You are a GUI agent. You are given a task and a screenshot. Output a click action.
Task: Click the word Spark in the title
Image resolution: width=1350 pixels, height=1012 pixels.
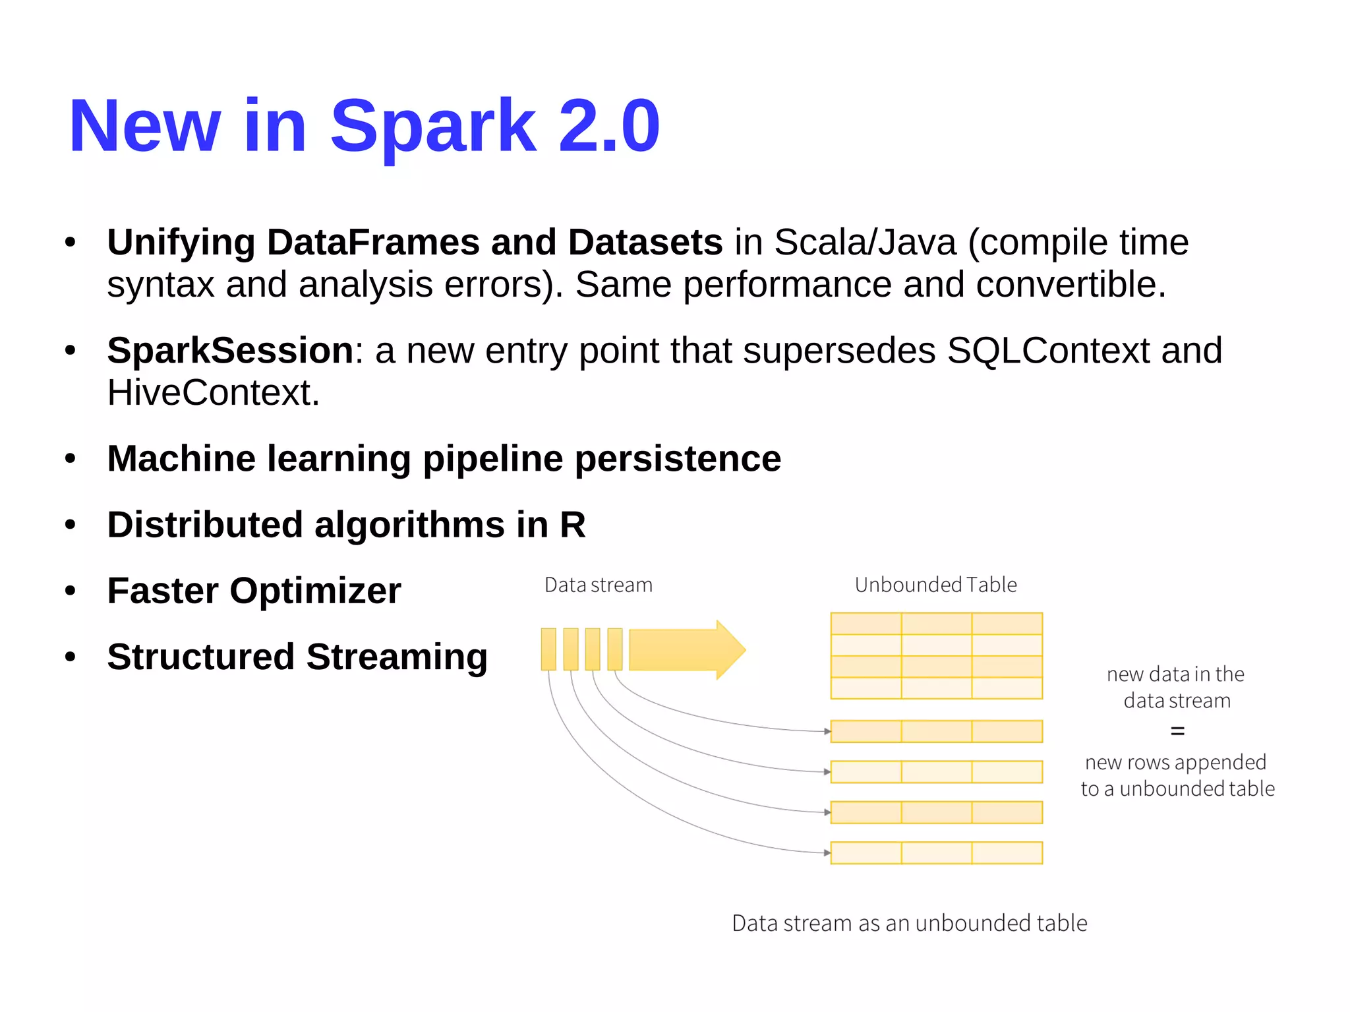[x=433, y=127]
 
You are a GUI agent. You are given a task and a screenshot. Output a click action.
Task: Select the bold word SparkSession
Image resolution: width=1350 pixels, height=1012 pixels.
[x=230, y=350]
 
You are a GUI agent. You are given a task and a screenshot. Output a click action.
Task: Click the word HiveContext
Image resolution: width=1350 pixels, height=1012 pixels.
[x=212, y=393]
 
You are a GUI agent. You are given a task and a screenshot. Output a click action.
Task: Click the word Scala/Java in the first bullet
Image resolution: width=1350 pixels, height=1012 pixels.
[x=864, y=242]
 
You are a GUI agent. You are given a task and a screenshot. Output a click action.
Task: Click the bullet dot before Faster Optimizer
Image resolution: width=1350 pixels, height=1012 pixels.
[x=71, y=591]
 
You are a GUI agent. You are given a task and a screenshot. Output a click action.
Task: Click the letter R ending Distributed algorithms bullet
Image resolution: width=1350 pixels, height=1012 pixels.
[x=572, y=525]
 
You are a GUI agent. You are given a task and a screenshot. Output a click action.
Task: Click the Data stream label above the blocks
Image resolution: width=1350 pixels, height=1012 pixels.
[x=598, y=585]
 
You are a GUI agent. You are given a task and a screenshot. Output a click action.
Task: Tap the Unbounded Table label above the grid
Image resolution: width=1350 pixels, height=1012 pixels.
[x=935, y=585]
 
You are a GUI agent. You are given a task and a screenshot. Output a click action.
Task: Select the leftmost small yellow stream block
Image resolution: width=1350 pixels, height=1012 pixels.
[x=548, y=649]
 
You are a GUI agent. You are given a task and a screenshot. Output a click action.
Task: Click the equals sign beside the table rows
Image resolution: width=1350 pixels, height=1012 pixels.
[x=1177, y=730]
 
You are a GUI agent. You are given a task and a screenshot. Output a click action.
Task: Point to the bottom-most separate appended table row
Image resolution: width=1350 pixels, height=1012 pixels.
[x=936, y=852]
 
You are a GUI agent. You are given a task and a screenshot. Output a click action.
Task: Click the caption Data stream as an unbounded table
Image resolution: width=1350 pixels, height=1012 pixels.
[x=909, y=923]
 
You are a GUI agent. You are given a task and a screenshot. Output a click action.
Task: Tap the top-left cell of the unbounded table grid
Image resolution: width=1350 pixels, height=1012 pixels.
[x=866, y=624]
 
